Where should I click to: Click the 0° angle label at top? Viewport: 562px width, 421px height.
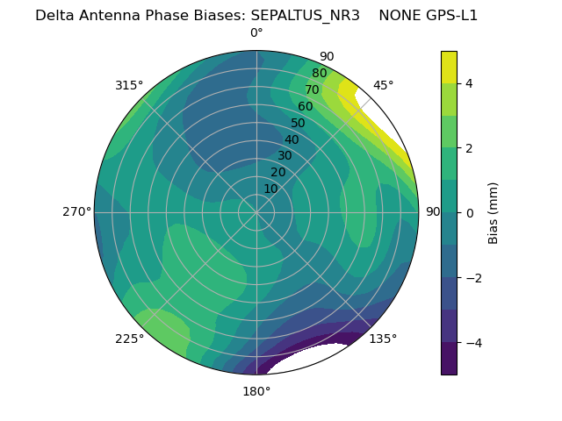point(256,33)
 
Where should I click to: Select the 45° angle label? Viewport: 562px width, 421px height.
point(383,85)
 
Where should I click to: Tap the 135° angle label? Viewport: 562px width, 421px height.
point(383,339)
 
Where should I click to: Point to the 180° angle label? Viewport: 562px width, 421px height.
point(256,391)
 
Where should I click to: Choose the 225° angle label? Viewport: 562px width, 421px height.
point(129,339)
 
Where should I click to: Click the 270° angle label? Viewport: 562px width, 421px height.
point(76,212)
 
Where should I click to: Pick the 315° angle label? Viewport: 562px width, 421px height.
point(129,85)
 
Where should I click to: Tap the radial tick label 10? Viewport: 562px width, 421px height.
point(270,189)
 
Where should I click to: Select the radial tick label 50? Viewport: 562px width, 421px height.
point(298,124)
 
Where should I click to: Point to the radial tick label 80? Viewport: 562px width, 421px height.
point(319,74)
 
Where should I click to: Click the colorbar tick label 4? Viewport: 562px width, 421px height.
point(470,84)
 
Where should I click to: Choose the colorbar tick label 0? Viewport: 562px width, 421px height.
point(470,213)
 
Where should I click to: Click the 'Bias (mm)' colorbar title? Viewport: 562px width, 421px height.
point(494,213)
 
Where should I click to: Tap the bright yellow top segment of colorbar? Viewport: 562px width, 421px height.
point(449,68)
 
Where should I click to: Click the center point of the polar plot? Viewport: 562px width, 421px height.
point(256,212)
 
